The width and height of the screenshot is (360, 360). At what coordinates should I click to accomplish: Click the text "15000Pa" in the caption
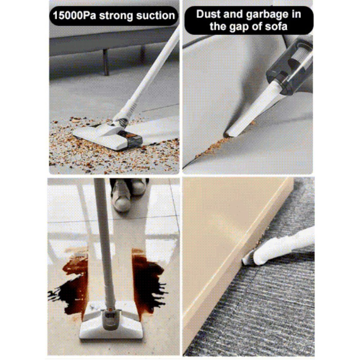(x=74, y=16)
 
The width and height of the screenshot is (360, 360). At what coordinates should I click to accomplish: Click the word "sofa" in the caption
(x=276, y=26)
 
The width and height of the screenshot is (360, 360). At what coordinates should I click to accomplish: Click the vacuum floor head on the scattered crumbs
(x=108, y=136)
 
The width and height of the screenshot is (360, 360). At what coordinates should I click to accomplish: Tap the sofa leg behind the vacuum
(x=106, y=62)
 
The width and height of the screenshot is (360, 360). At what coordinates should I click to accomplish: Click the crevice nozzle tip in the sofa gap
(x=228, y=134)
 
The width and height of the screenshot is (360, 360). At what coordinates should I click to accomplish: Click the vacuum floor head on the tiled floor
(x=111, y=321)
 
